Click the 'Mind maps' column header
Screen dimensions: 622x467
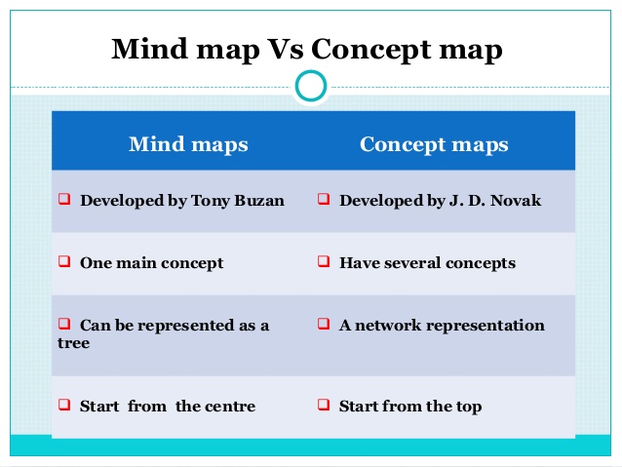point(188,144)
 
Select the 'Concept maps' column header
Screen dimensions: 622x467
point(434,144)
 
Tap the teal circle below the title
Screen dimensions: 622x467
point(311,86)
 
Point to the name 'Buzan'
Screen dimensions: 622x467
point(259,201)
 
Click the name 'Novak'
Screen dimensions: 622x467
point(516,201)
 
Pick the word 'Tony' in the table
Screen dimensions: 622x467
point(211,201)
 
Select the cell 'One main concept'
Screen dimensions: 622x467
point(151,263)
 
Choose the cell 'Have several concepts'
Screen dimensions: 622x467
point(427,263)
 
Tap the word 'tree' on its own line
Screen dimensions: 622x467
point(74,343)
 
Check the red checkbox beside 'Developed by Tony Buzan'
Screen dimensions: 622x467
point(64,198)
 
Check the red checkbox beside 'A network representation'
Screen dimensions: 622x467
point(324,324)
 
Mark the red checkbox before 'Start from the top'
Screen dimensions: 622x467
point(324,405)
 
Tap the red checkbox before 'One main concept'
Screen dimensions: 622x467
point(64,261)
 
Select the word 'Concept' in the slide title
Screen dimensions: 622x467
point(370,49)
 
